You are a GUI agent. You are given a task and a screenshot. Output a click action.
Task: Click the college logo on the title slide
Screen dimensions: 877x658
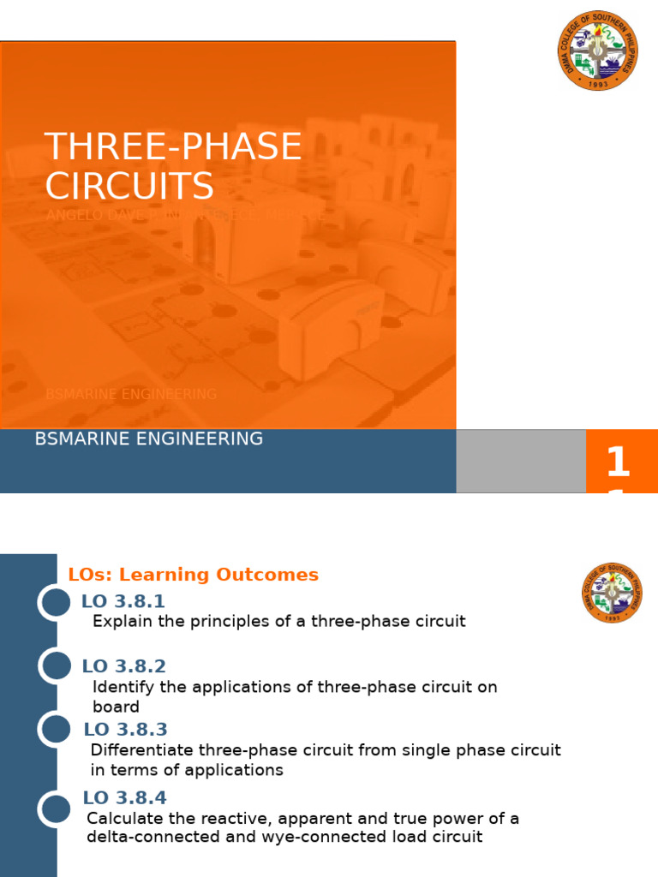[x=597, y=51]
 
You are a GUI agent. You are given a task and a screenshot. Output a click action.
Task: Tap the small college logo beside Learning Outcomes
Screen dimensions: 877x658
[x=611, y=593]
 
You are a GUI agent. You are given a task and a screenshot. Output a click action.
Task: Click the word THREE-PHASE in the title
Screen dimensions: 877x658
[x=173, y=147]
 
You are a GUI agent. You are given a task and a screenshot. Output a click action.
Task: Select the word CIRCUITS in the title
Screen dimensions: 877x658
[x=129, y=187]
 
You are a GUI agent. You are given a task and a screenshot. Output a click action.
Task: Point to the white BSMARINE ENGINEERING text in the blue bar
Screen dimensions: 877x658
[x=148, y=439]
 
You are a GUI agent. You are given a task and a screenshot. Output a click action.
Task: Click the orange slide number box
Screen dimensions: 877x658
[x=621, y=462]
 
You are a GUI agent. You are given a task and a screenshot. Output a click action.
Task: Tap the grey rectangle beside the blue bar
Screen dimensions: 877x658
[x=520, y=461]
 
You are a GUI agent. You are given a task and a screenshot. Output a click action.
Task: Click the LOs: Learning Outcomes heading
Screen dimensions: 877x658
[x=193, y=575]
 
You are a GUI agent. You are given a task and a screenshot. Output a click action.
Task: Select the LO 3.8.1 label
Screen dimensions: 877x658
[x=123, y=601]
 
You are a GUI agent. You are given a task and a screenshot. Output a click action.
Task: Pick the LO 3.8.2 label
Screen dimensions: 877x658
[x=123, y=666]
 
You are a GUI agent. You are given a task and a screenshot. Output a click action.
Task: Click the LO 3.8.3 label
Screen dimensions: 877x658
[x=125, y=730]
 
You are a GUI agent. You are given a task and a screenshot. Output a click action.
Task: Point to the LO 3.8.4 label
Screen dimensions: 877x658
[x=125, y=798]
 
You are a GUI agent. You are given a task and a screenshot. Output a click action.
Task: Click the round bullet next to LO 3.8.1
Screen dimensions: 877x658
[x=56, y=602]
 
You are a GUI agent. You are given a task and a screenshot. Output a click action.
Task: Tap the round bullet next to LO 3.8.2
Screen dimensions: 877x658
[x=56, y=666]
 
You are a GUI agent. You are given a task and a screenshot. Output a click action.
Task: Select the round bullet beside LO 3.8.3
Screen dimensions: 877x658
[x=56, y=730]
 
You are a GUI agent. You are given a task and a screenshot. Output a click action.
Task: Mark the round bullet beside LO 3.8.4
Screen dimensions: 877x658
[x=56, y=809]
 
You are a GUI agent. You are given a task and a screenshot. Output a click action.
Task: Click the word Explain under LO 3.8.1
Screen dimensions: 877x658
[x=118, y=622]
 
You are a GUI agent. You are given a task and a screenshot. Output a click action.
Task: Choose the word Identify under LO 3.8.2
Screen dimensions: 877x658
[x=118, y=687]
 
